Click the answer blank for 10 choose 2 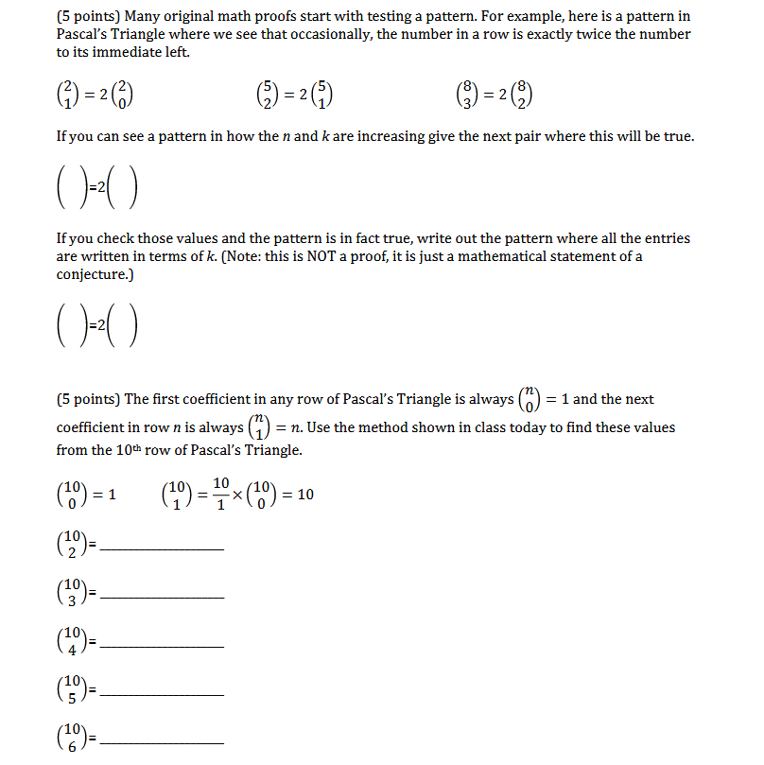(162, 548)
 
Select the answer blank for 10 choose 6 (162, 743)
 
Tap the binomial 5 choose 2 (268, 95)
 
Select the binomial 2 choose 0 (132, 95)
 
